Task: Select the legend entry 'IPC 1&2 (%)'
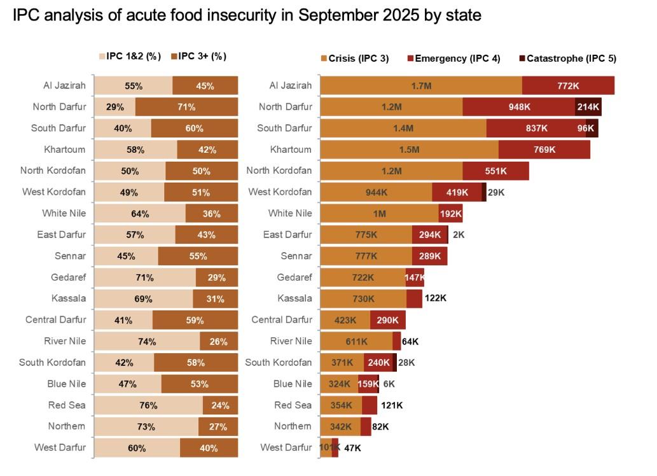click(133, 56)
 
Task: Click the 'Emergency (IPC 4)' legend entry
click(457, 59)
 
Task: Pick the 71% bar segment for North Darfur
click(186, 107)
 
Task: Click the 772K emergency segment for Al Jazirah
click(568, 85)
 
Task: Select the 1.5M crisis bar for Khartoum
click(409, 150)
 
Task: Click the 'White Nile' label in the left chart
click(64, 213)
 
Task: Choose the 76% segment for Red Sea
click(148, 405)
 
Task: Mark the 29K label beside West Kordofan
click(496, 192)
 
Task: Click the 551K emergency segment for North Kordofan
click(495, 171)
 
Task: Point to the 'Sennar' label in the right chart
click(296, 256)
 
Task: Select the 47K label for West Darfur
click(352, 448)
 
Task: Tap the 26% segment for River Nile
click(219, 341)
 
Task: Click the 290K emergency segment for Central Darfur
click(387, 320)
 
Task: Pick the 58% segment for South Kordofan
click(196, 363)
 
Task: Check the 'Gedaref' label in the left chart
click(68, 277)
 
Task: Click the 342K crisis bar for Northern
click(340, 426)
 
